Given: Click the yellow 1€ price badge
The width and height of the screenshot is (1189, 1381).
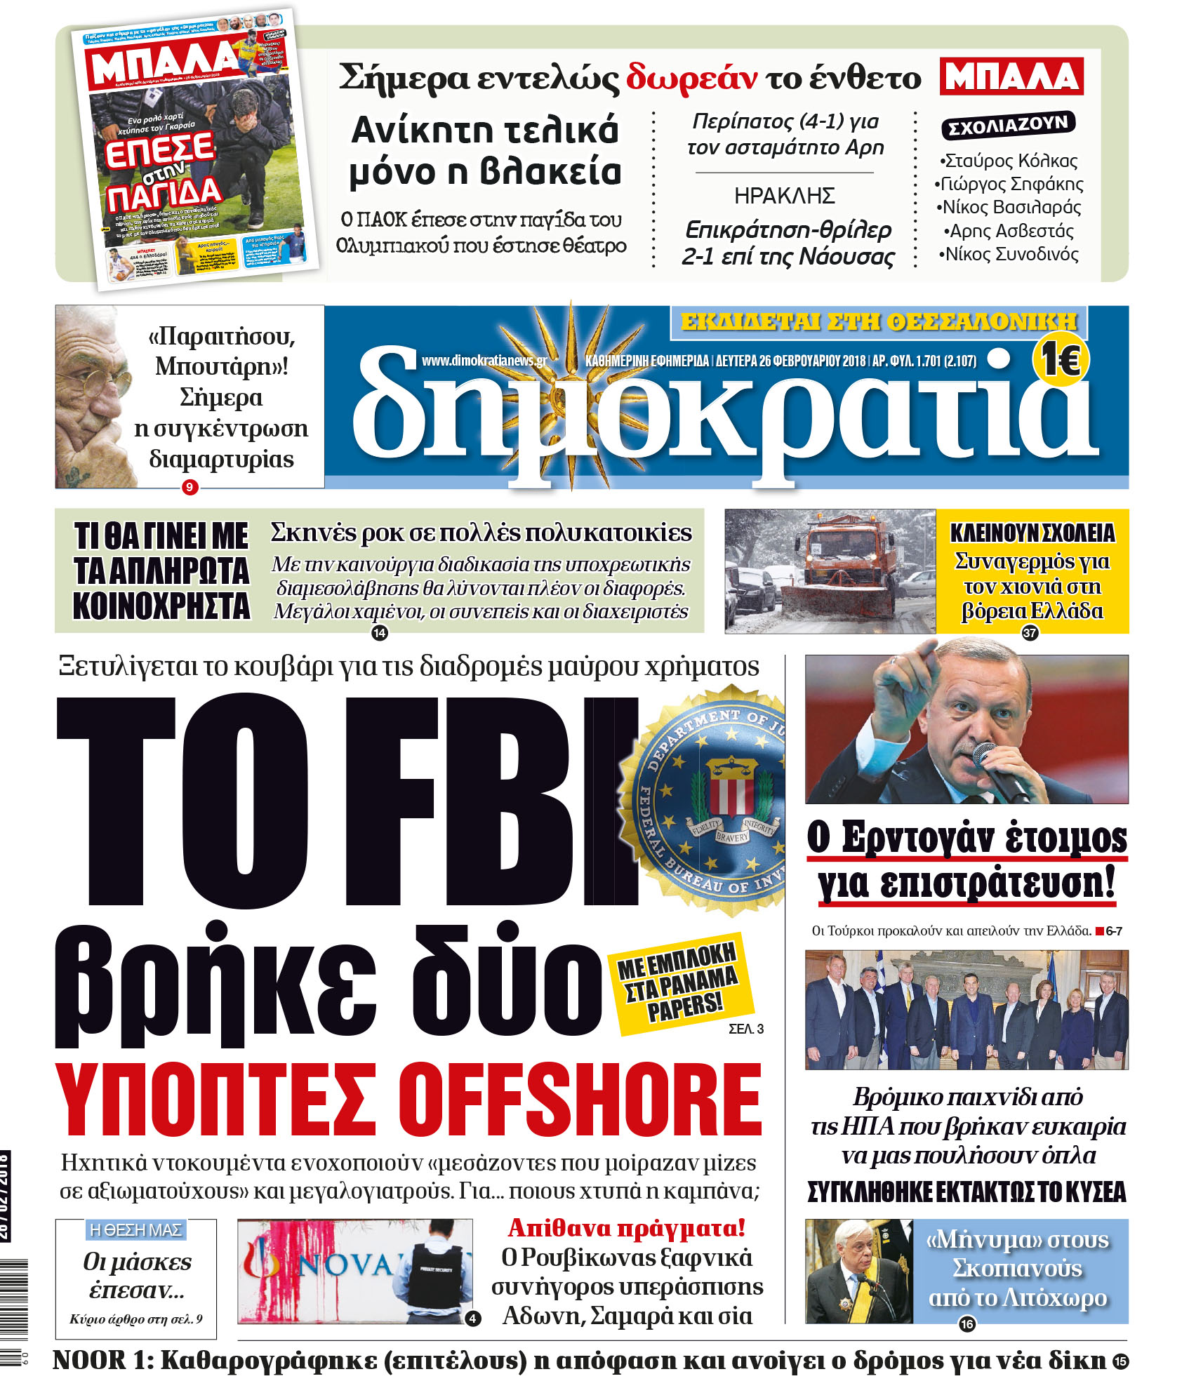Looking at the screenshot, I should (x=1060, y=361).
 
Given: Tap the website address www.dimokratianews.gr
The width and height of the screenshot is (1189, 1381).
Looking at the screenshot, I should (x=484, y=361).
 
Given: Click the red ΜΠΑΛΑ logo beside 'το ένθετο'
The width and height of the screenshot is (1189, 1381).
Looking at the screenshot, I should (x=1011, y=76).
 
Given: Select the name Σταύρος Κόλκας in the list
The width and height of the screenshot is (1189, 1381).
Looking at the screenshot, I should (x=1009, y=161).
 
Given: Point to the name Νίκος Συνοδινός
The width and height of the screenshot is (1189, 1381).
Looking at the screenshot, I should (x=1009, y=254).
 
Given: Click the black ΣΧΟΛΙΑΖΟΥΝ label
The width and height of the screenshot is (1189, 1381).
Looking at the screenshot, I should (x=1008, y=125).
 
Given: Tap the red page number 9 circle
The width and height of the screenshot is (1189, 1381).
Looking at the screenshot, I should (x=190, y=487).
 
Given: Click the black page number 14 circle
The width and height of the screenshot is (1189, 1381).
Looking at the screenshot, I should (x=379, y=633).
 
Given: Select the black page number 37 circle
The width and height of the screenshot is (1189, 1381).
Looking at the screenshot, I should (x=1029, y=633).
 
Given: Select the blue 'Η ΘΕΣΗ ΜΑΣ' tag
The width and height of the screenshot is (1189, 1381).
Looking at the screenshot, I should (x=136, y=1229).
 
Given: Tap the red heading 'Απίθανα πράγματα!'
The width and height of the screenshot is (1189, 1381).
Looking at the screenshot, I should (x=626, y=1227).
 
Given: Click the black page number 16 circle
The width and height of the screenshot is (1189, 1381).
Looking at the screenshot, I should (x=967, y=1323).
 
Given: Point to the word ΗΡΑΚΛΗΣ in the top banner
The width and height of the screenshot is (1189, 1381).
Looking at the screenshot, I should (x=784, y=195).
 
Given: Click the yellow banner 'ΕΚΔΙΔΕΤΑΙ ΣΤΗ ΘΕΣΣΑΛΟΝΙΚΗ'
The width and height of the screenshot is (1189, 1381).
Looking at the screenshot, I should (x=878, y=321).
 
